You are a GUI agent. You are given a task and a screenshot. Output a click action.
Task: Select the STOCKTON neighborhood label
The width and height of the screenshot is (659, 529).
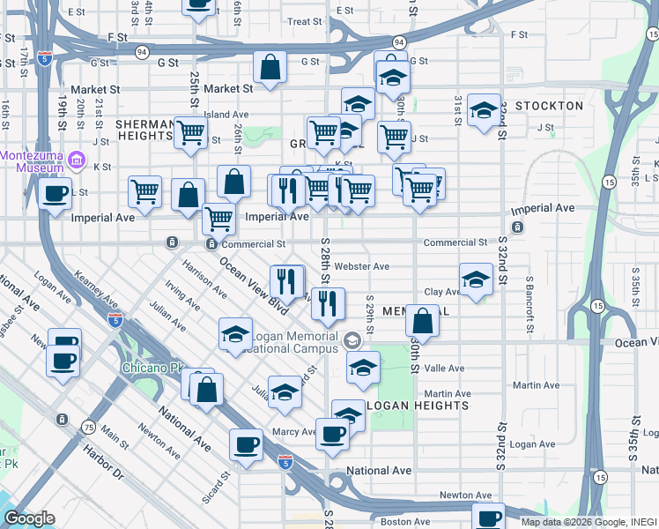pos(550,106)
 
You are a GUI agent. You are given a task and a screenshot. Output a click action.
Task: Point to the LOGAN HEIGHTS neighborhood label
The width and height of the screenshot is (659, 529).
pos(417,406)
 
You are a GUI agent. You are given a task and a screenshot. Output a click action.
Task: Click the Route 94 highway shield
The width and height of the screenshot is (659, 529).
pos(399,41)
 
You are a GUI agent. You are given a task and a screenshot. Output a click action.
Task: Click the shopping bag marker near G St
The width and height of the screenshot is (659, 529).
pos(270,67)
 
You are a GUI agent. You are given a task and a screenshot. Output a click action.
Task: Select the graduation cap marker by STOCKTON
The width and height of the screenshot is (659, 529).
pos(484,110)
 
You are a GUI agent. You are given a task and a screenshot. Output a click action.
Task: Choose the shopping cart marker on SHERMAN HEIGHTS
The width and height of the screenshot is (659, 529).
pos(190,133)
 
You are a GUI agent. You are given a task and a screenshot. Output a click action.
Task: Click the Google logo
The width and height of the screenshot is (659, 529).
pos(29,518)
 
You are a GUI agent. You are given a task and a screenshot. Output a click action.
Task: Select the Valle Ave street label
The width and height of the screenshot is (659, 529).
pos(444,369)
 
